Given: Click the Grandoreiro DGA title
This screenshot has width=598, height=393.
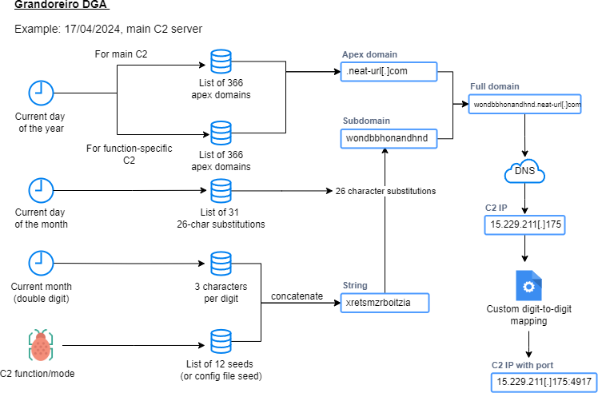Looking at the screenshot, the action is pyautogui.click(x=62, y=4).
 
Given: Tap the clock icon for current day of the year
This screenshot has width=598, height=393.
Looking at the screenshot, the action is pyautogui.click(x=42, y=93).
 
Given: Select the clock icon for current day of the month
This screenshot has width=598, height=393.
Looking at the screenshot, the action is pyautogui.click(x=42, y=190).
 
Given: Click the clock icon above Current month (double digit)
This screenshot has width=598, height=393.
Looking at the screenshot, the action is pyautogui.click(x=42, y=263).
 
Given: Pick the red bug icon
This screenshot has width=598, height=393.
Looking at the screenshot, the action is pyautogui.click(x=41, y=345).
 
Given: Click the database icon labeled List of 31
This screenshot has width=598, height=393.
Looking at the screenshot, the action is pyautogui.click(x=221, y=191).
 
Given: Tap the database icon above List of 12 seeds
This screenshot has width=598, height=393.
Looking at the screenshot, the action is pyautogui.click(x=221, y=341).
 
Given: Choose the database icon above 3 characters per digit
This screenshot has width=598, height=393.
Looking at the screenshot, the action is pyautogui.click(x=221, y=264).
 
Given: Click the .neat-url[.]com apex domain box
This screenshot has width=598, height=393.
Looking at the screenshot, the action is pyautogui.click(x=389, y=72).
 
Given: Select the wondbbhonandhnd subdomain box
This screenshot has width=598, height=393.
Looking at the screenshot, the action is pyautogui.click(x=389, y=138).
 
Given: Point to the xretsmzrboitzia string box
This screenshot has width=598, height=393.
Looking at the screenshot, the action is pyautogui.click(x=385, y=303).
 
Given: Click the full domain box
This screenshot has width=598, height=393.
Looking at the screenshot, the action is pyautogui.click(x=524, y=104).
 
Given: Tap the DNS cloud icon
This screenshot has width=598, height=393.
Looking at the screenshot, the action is pyautogui.click(x=524, y=171).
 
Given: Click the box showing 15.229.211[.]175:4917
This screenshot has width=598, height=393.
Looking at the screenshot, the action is pyautogui.click(x=544, y=382).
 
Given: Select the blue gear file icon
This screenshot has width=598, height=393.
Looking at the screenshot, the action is pyautogui.click(x=528, y=286).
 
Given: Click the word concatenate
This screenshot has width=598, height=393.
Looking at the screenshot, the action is pyautogui.click(x=297, y=296).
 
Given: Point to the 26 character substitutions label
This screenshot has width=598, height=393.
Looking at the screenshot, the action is pyautogui.click(x=385, y=191).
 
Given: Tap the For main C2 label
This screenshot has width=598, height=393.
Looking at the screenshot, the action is pyautogui.click(x=121, y=54).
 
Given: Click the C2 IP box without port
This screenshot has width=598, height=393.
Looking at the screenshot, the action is pyautogui.click(x=524, y=225).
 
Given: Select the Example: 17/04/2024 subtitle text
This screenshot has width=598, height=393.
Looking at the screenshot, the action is pyautogui.click(x=108, y=29).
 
